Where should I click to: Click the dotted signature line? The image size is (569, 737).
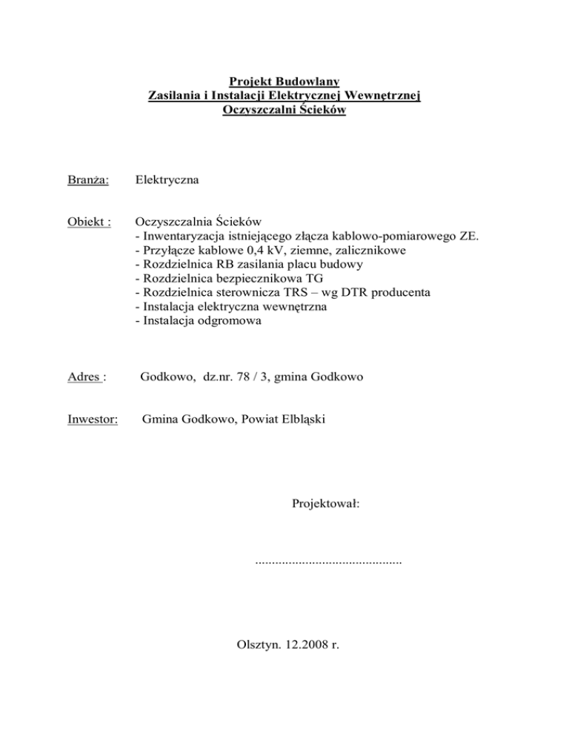click(327, 563)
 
